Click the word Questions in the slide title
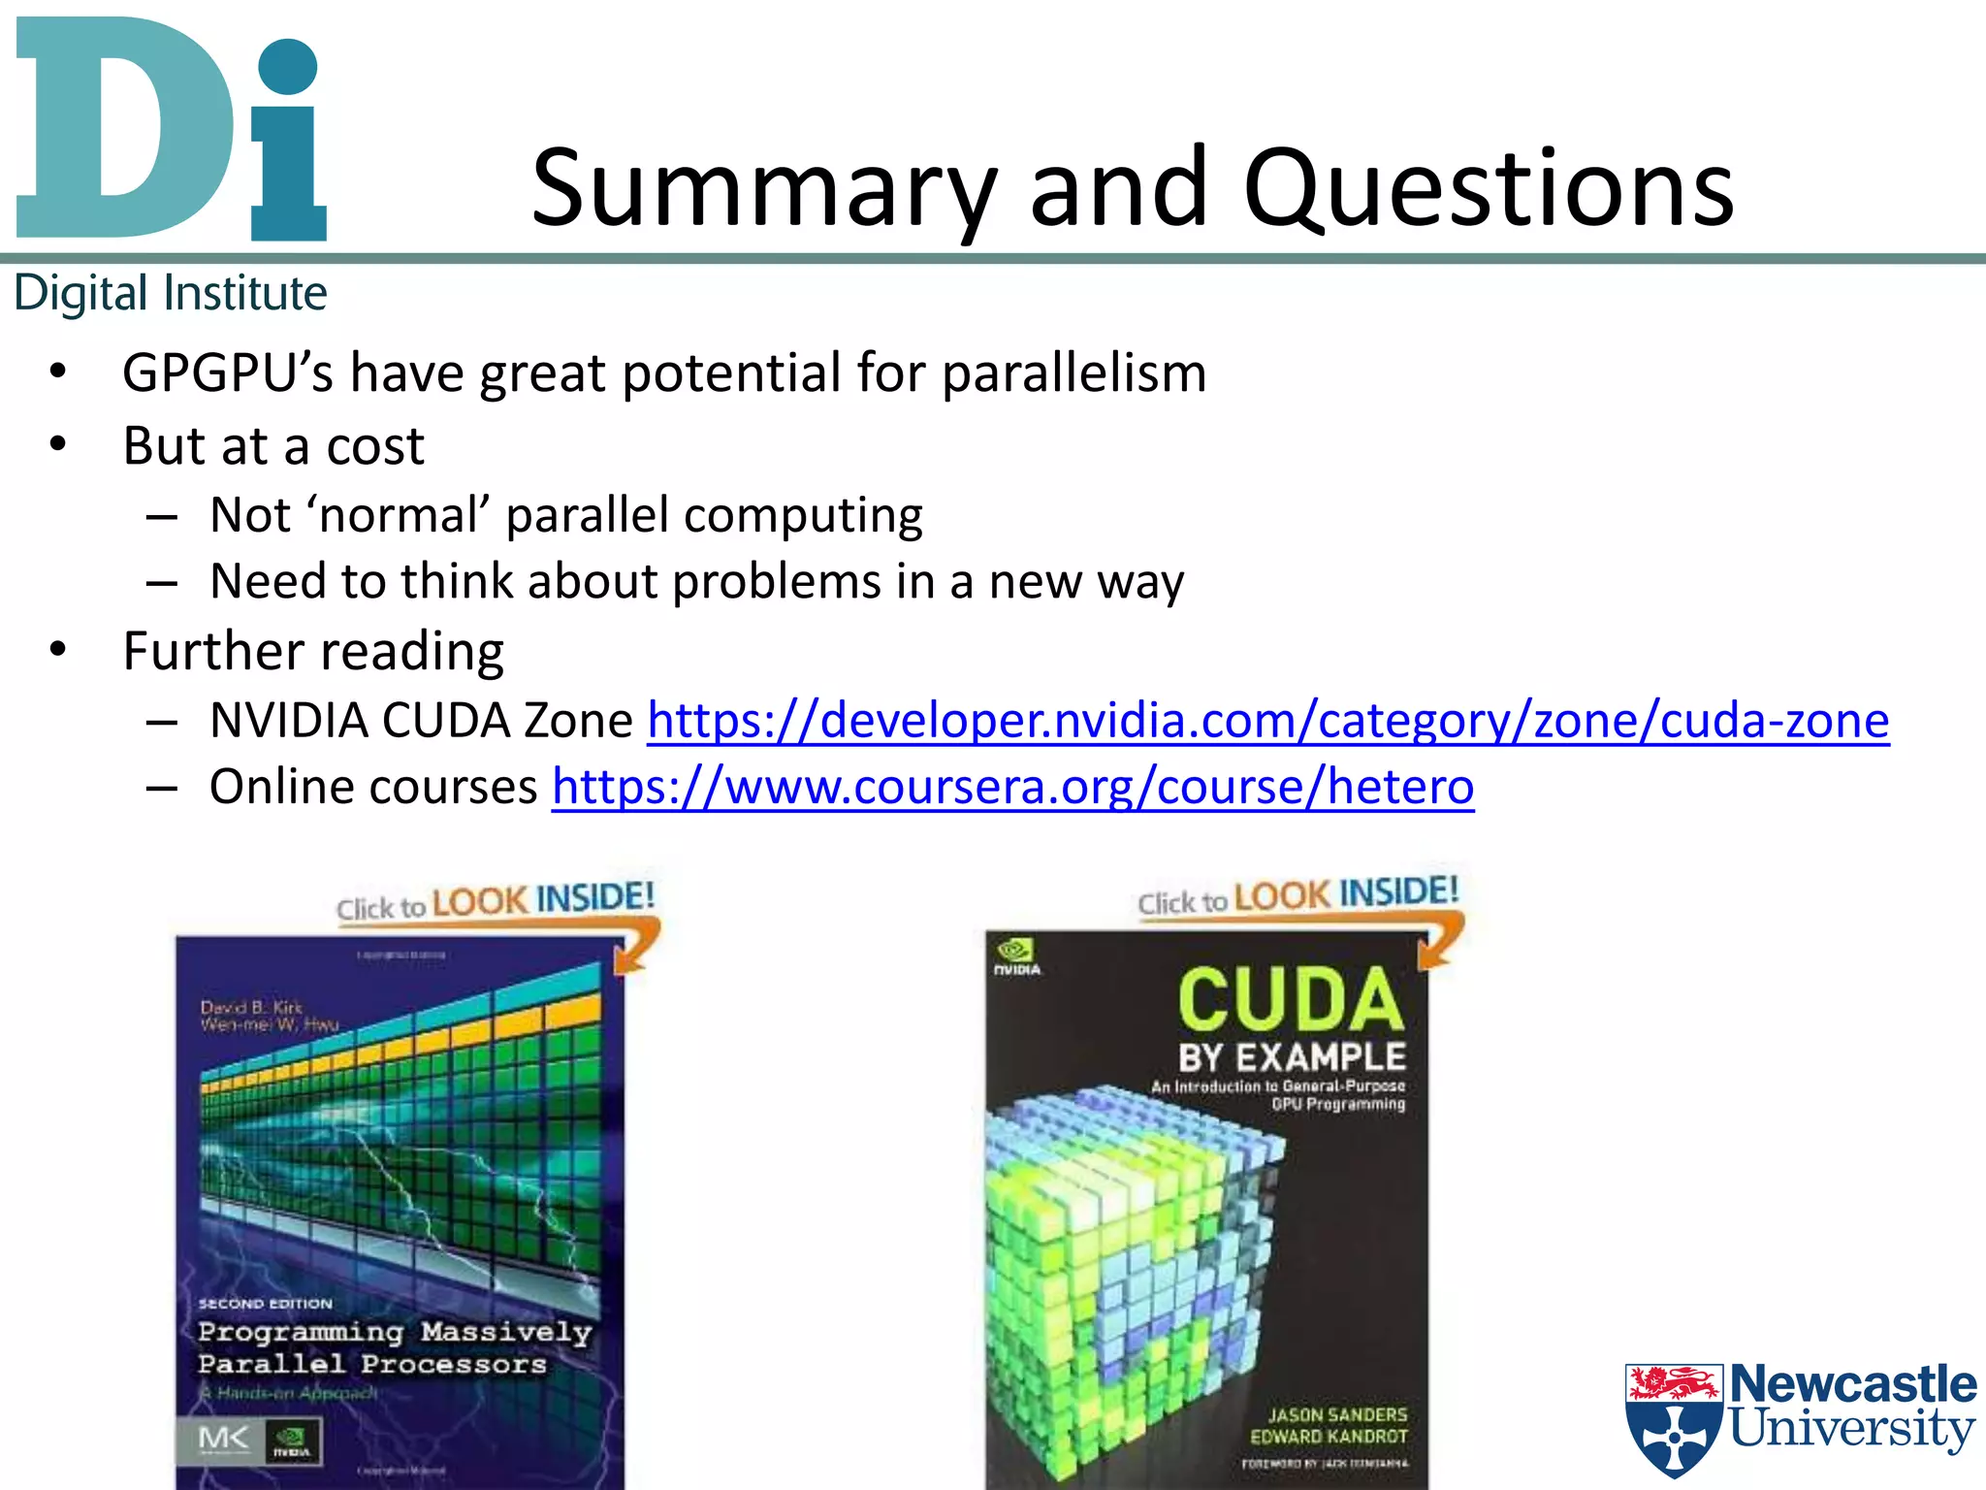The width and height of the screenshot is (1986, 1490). (x=1488, y=189)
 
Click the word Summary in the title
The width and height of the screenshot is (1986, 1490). (x=764, y=189)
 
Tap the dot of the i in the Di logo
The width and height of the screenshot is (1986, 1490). (x=288, y=67)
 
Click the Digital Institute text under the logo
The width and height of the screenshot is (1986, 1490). (x=171, y=294)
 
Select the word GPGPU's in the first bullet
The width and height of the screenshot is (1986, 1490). (x=227, y=373)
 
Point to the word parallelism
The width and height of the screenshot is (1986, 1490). (x=1073, y=373)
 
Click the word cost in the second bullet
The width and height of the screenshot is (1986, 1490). (x=374, y=447)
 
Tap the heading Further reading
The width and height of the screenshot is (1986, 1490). (x=313, y=651)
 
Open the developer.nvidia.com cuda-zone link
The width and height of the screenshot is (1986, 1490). (x=1267, y=721)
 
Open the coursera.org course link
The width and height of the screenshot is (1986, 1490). (x=1012, y=787)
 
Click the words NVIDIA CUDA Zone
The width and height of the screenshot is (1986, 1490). (x=421, y=721)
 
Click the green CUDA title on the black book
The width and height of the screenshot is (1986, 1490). (x=1291, y=1000)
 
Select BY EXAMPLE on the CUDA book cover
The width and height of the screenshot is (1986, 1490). (x=1292, y=1057)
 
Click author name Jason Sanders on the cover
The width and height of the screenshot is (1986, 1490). (x=1337, y=1415)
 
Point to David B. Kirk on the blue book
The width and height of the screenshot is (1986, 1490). (x=251, y=1007)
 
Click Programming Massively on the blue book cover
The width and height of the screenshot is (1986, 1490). (x=394, y=1332)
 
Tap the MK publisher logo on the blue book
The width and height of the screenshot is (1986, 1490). (x=223, y=1440)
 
